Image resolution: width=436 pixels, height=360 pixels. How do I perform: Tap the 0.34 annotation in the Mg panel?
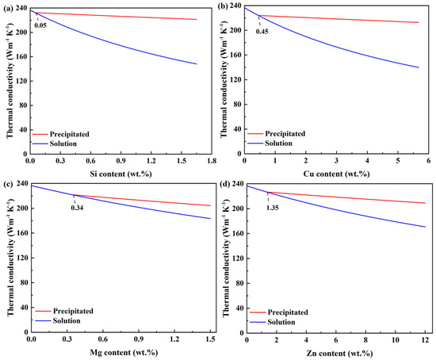78,208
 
